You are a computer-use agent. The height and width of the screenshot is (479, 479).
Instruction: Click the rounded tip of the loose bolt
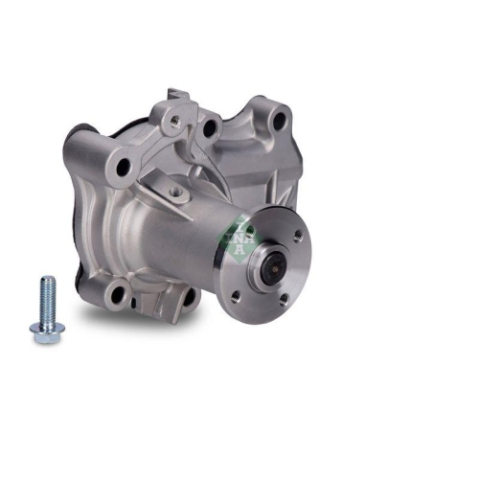(x=45, y=281)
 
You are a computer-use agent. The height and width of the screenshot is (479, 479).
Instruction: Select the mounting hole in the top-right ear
(x=280, y=122)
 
